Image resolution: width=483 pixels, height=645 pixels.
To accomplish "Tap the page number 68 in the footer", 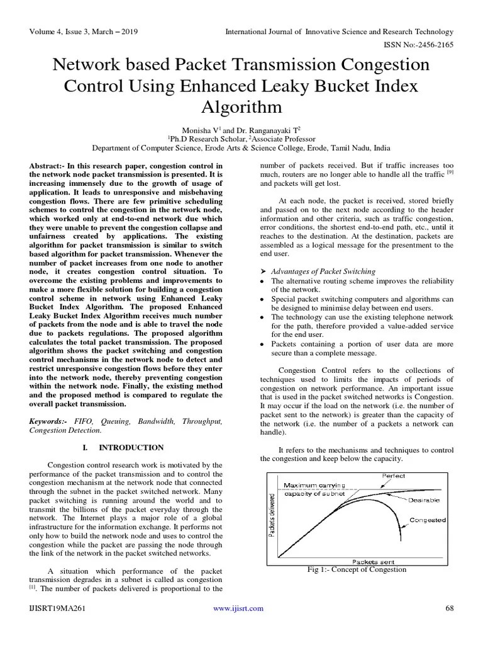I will [x=449, y=608].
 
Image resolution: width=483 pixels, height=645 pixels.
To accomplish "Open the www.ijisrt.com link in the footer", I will [x=238, y=608].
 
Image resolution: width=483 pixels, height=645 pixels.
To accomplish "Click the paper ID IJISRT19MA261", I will [x=57, y=608].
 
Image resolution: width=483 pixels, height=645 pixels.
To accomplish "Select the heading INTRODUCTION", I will [x=131, y=447].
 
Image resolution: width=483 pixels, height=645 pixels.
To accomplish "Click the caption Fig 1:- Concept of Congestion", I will [x=356, y=569].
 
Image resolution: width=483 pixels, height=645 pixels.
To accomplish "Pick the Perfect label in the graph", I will [x=394, y=476].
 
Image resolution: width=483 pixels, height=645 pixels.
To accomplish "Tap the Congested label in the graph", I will [x=428, y=520].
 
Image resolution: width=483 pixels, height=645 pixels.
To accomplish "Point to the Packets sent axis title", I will [x=373, y=561].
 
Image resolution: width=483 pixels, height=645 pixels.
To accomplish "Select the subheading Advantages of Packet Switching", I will [x=323, y=271].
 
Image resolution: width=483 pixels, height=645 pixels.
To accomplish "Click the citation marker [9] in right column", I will [x=450, y=172].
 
